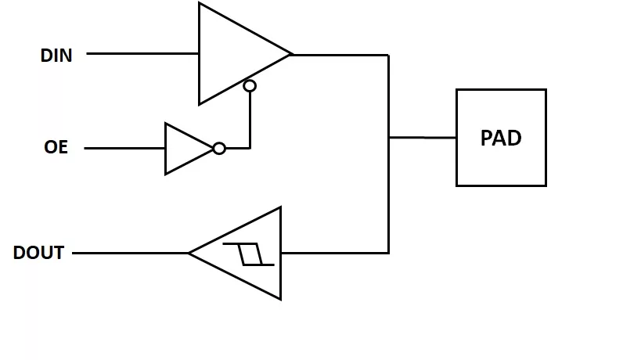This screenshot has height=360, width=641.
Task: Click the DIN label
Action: pos(56,56)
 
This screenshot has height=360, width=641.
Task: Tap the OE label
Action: pos(56,147)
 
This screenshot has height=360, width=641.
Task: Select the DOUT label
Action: pos(38,254)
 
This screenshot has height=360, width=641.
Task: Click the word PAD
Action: pos(501,138)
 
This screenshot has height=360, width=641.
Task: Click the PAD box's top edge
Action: pos(501,90)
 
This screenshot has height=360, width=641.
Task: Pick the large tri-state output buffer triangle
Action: pos(235,54)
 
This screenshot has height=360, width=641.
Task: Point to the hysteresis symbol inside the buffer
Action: pos(249,254)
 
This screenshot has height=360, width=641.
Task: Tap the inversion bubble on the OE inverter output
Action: pos(219,148)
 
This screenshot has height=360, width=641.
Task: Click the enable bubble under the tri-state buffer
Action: pos(250,85)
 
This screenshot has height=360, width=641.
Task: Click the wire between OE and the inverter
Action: pos(124,148)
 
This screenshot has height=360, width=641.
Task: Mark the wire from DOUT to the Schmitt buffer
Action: pos(130,253)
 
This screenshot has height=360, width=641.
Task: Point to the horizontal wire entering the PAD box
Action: pos(423,138)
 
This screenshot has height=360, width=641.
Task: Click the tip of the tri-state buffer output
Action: pos(292,55)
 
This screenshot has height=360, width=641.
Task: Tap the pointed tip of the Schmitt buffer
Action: pos(189,253)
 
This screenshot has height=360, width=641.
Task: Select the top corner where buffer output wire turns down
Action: pos(388,55)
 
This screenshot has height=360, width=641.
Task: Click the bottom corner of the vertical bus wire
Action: pos(388,253)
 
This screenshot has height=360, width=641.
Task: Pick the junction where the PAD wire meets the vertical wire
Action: pos(389,138)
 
